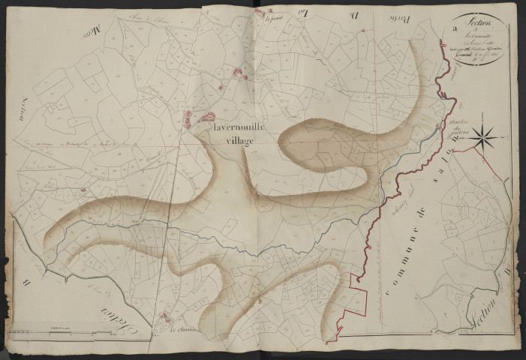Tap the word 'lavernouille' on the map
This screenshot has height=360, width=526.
(239, 127)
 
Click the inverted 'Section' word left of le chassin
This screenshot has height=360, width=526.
(108, 314)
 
